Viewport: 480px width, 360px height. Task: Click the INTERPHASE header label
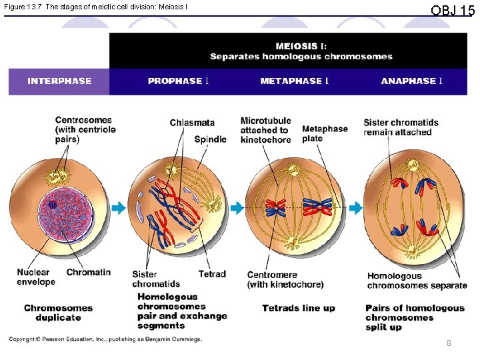(x=59, y=81)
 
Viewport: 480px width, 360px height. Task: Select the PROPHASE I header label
(x=179, y=81)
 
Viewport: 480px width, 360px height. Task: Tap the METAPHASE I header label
(x=295, y=81)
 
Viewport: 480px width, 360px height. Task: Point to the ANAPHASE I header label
(x=411, y=81)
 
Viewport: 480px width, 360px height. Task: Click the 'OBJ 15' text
(x=453, y=11)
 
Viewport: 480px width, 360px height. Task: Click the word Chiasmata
(x=192, y=123)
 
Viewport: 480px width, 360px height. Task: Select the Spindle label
(x=210, y=139)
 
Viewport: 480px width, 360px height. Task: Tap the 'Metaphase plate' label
(x=325, y=133)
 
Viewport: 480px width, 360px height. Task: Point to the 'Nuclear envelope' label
(x=36, y=277)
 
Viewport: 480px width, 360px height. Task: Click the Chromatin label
(x=89, y=272)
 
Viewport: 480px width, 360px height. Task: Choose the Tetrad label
(x=212, y=274)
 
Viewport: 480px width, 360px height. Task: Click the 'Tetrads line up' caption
(x=299, y=308)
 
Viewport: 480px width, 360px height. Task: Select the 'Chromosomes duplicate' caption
(x=58, y=313)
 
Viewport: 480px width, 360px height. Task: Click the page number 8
(x=449, y=343)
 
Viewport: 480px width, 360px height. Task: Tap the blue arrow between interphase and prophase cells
(x=119, y=208)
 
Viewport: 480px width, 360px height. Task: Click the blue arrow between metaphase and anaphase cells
(x=356, y=208)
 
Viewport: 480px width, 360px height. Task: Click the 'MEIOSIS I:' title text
(x=301, y=46)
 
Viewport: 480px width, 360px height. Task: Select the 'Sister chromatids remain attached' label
(x=401, y=127)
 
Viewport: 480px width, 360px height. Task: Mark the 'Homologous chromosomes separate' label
(x=417, y=281)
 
